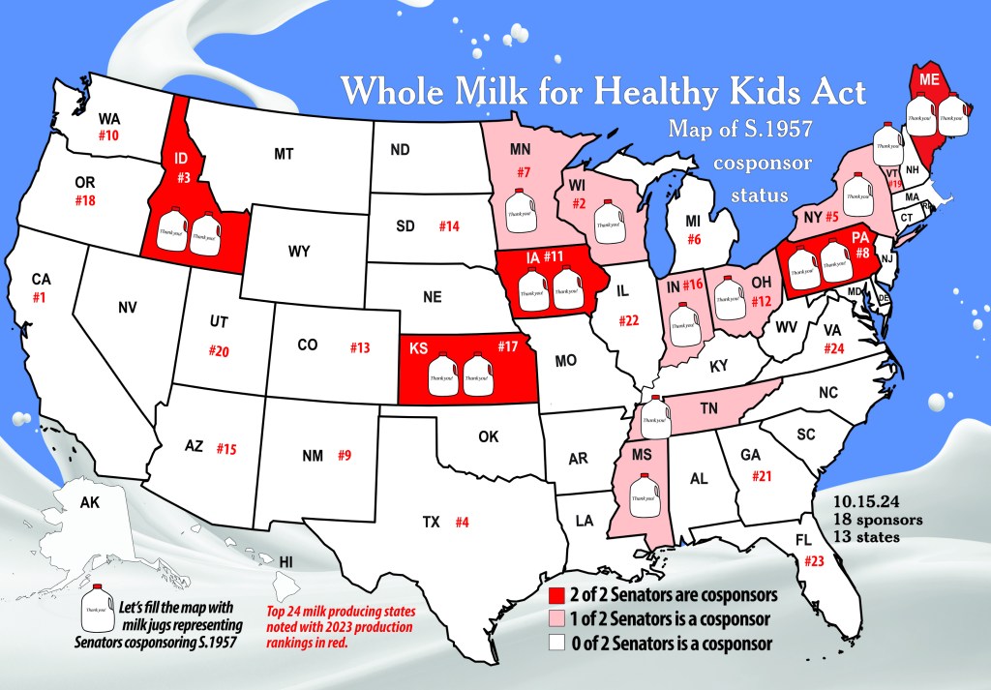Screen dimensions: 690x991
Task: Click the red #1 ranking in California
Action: click(x=40, y=298)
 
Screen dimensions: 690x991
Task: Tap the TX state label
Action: click(x=431, y=523)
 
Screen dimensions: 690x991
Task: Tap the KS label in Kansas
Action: click(x=419, y=347)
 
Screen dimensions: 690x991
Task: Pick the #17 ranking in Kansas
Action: click(x=507, y=345)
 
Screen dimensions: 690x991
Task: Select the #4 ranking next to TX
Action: click(x=462, y=523)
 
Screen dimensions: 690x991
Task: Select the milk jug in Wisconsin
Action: click(x=607, y=218)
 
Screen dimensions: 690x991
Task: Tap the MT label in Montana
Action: click(x=284, y=154)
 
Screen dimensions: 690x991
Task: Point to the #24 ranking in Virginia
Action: click(x=834, y=348)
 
